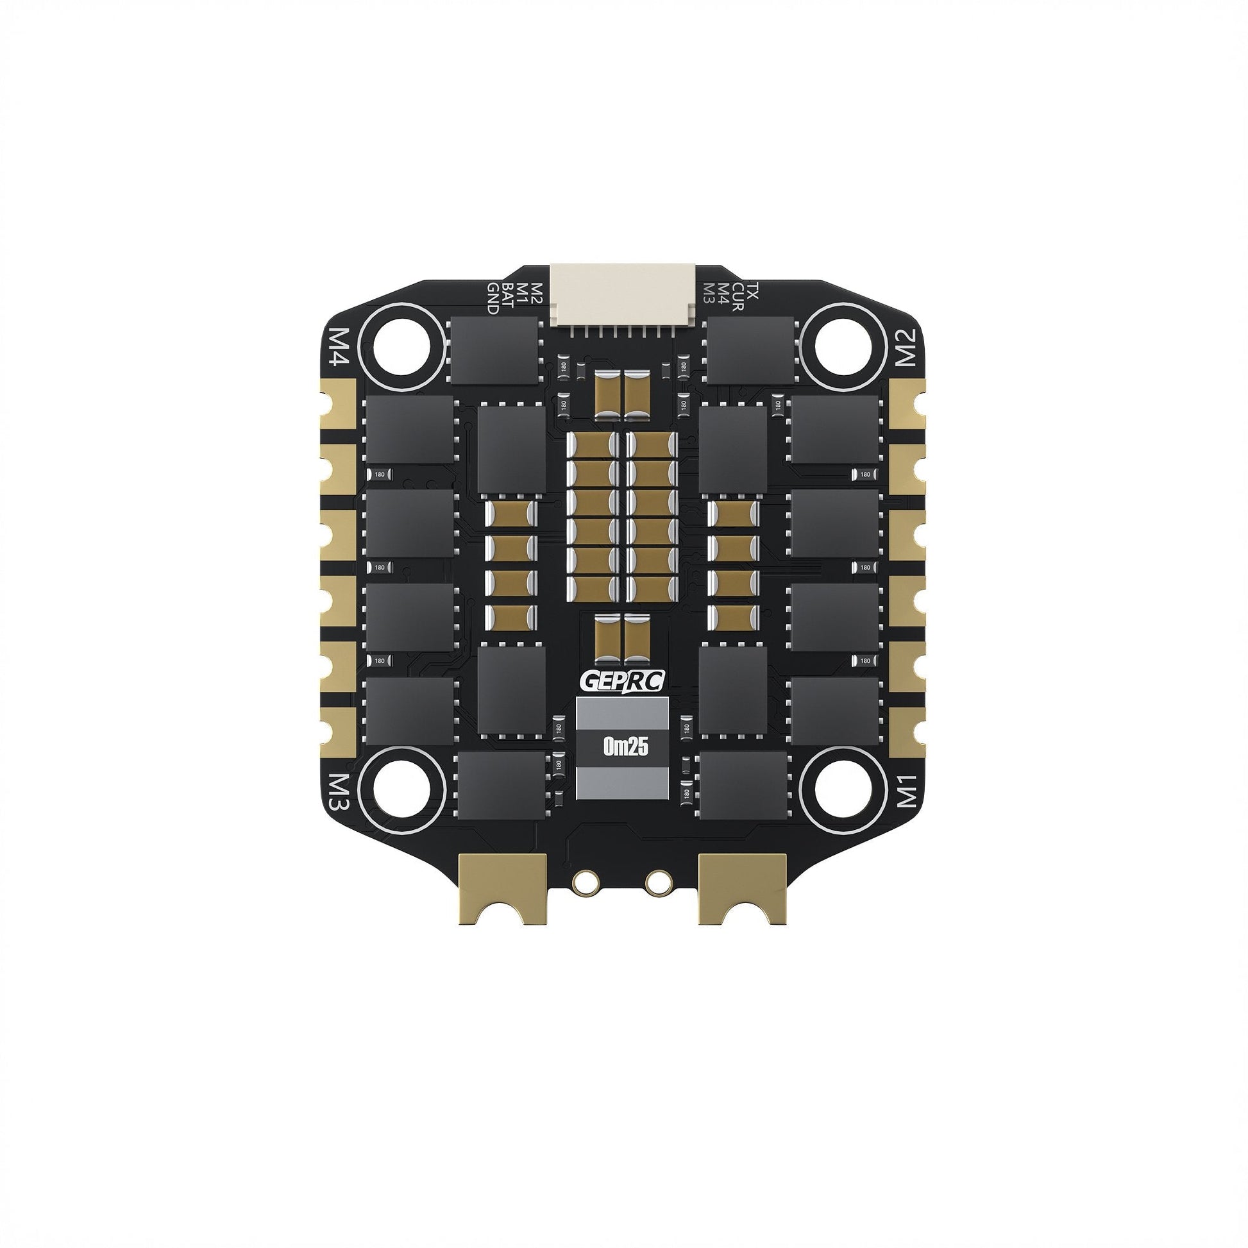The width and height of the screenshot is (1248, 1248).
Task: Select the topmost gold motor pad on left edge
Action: [341, 396]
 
